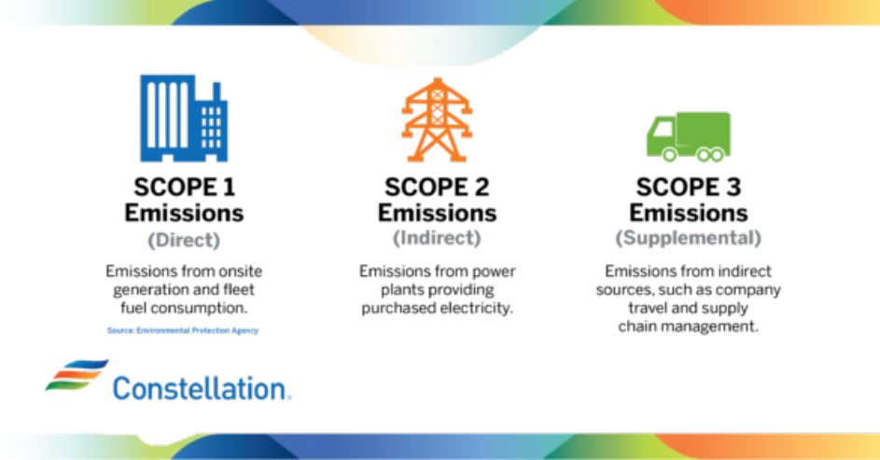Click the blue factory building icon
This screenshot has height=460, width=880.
tap(183, 118)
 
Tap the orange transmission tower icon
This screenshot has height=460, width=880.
tap(437, 119)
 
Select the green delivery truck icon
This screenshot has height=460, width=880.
tap(688, 136)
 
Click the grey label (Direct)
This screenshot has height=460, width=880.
tap(183, 240)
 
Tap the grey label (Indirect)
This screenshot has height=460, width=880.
tap(437, 238)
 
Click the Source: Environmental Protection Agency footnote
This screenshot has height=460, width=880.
tap(183, 330)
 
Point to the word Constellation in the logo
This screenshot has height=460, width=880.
tap(201, 387)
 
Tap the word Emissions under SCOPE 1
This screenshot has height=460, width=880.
tap(183, 213)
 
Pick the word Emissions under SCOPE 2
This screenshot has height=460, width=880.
tap(437, 213)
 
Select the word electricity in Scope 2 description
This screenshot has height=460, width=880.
tap(482, 309)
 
